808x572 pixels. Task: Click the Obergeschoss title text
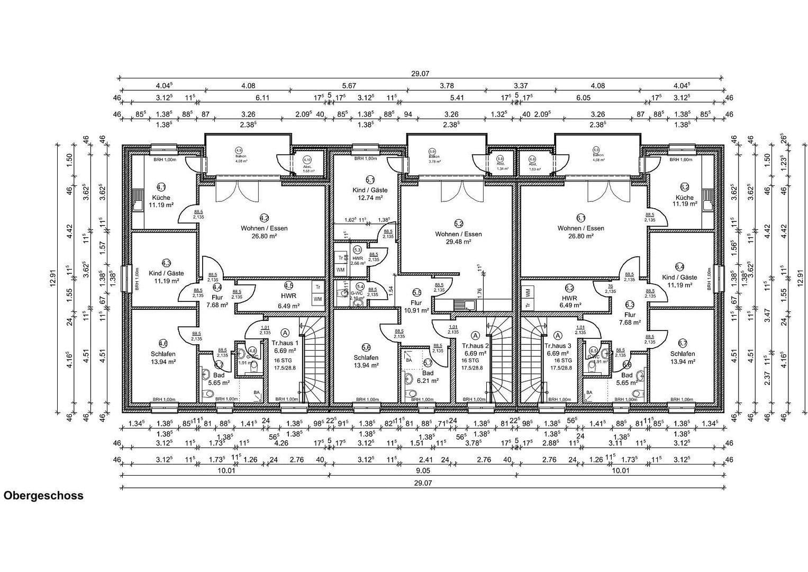43,496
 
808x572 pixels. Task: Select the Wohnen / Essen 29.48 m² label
458,237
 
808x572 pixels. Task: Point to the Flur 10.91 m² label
416,307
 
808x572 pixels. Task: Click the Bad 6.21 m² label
428,377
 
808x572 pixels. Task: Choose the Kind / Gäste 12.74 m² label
370,193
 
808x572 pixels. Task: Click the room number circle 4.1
161,187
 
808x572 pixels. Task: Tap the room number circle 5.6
366,347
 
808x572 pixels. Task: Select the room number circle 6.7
683,343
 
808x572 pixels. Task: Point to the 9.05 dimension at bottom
422,470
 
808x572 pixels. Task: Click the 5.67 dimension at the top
349,86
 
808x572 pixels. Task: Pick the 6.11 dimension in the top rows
262,98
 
